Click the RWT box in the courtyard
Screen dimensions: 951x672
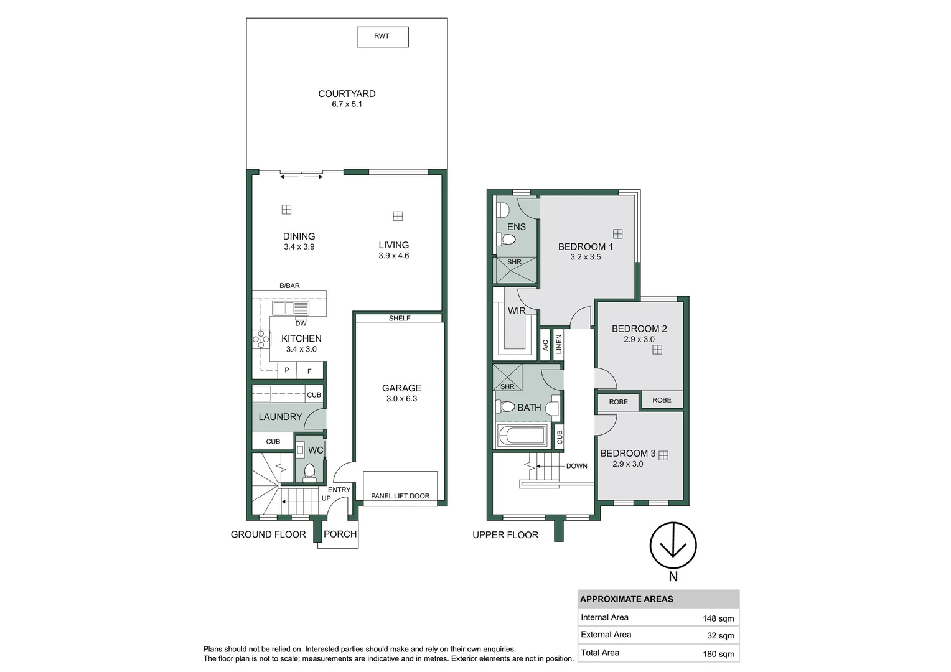[x=383, y=37]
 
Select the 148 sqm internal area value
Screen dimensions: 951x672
[x=718, y=618]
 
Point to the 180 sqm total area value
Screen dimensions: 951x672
[x=718, y=654]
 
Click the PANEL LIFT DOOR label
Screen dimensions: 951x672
[x=400, y=496]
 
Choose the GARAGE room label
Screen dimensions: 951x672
[x=401, y=388]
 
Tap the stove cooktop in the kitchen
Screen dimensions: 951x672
[x=261, y=339]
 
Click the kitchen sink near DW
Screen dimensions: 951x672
[x=291, y=308]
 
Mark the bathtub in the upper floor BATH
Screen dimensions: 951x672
[x=522, y=435]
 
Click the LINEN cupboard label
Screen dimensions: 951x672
[x=559, y=344]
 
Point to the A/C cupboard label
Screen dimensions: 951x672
[x=546, y=345]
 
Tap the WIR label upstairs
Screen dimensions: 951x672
[x=517, y=310]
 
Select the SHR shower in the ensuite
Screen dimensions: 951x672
[x=515, y=270]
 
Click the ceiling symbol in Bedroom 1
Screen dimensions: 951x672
[x=618, y=234]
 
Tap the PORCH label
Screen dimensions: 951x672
[x=340, y=534]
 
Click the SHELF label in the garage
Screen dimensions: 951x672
[x=400, y=319]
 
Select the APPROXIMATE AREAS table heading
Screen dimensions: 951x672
[x=626, y=599]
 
